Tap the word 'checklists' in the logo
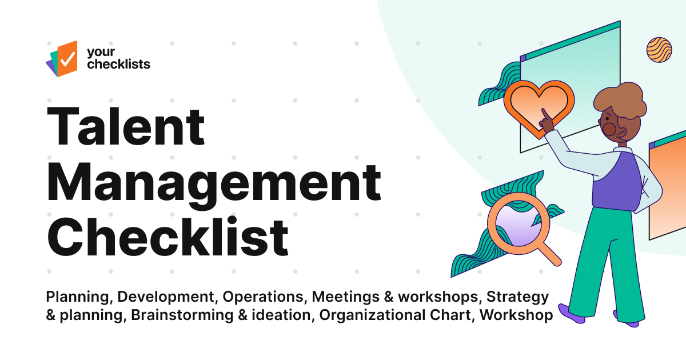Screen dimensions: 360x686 (x=118, y=63)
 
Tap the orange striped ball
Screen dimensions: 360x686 (x=659, y=50)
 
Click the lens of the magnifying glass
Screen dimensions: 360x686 (x=512, y=223)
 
